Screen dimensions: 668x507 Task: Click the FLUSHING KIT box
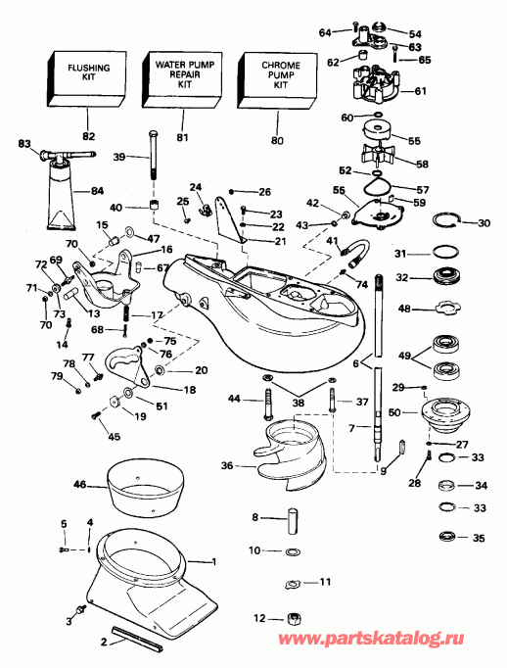[x=87, y=77]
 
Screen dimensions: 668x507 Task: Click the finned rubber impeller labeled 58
[x=379, y=157]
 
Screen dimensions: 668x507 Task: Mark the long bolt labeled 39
[x=154, y=159]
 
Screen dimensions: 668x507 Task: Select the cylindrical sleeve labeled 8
[x=290, y=518]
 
